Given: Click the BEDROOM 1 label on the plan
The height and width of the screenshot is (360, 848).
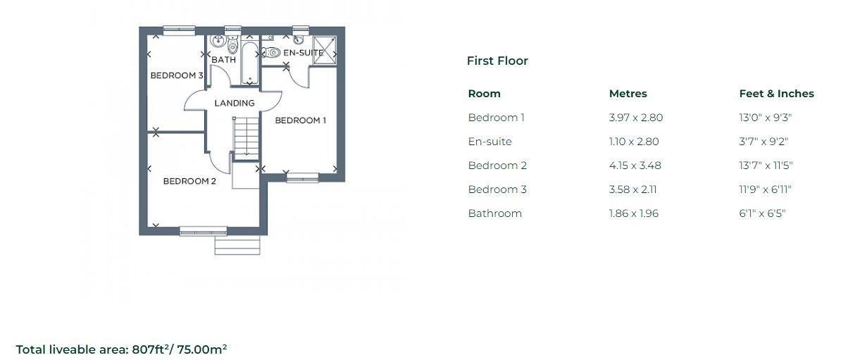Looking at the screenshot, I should pyautogui.click(x=300, y=120).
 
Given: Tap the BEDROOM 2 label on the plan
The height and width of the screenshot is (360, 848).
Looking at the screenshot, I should pyautogui.click(x=189, y=181).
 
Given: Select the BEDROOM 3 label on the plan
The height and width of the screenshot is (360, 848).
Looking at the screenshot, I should pyautogui.click(x=176, y=75).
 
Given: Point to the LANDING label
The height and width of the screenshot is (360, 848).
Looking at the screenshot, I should pyautogui.click(x=234, y=103).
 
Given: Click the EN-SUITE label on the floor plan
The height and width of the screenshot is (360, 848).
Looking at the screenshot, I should pyautogui.click(x=303, y=53).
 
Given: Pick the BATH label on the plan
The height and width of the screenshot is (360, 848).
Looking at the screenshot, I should pyautogui.click(x=223, y=60).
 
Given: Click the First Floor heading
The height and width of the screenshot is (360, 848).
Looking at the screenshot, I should pyautogui.click(x=497, y=61).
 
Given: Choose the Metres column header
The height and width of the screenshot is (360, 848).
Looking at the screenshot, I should pyautogui.click(x=628, y=94).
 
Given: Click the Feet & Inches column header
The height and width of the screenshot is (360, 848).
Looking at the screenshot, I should pyautogui.click(x=776, y=94).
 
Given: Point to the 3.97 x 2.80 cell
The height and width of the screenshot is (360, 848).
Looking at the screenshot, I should pyautogui.click(x=635, y=118).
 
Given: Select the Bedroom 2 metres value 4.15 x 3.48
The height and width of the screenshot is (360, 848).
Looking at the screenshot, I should pyautogui.click(x=635, y=166).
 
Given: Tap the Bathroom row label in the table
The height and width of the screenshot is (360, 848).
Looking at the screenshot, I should pyautogui.click(x=494, y=213).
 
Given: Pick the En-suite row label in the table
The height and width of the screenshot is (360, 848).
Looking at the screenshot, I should pyautogui.click(x=490, y=142).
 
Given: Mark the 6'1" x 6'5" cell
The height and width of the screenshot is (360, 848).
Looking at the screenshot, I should pyautogui.click(x=761, y=213).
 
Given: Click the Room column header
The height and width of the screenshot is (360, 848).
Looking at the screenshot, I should pyautogui.click(x=484, y=94).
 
